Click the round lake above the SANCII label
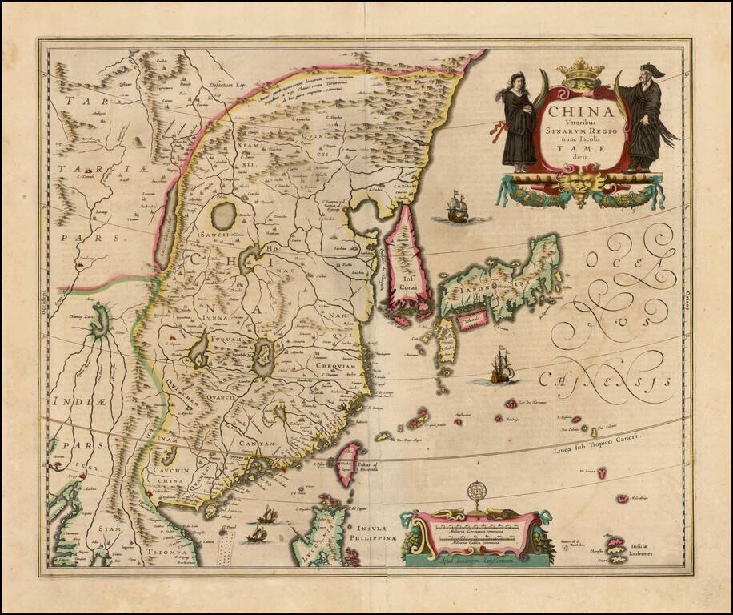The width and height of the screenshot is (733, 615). (224, 215)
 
